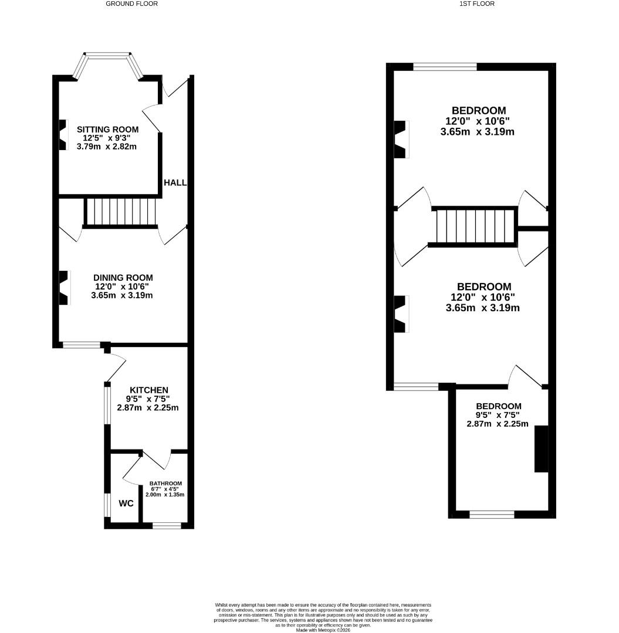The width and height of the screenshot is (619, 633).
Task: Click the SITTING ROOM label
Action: tap(108, 130)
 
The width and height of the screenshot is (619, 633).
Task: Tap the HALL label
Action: tap(175, 183)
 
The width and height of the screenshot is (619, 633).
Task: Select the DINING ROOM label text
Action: tap(123, 278)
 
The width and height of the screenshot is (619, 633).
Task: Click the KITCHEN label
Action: tap(149, 390)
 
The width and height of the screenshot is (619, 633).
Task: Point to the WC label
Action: tap(126, 503)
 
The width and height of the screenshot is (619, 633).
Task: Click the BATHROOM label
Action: tap(165, 484)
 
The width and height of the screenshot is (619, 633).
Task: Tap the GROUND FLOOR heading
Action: tap(131, 4)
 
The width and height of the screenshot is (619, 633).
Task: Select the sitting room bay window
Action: tap(108, 57)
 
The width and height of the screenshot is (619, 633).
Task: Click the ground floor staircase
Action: tap(121, 212)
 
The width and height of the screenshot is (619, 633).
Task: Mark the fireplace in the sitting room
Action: tap(63, 135)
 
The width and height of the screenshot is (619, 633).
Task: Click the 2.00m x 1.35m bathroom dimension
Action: tap(165, 495)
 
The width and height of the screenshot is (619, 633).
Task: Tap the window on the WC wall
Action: tap(107, 505)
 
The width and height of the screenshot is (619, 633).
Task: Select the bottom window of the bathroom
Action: tap(167, 526)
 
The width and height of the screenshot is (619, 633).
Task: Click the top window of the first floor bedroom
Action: tap(445, 67)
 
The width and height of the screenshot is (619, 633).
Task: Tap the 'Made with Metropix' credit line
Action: tap(323, 629)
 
